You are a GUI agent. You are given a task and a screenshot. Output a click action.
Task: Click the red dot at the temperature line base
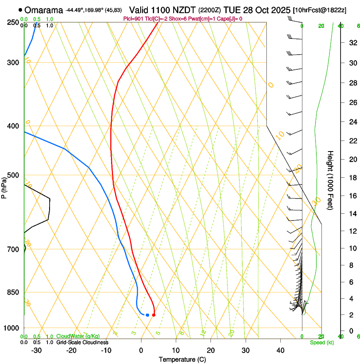(154, 315)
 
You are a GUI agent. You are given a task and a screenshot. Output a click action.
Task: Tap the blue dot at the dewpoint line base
(147, 315)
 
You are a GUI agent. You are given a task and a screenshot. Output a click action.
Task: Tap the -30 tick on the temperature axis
(36, 350)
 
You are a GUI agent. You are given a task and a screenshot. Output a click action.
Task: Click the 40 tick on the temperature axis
(280, 350)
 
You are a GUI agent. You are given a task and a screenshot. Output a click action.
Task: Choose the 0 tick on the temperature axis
(141, 350)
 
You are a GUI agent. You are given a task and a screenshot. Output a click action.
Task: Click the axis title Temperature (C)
(182, 359)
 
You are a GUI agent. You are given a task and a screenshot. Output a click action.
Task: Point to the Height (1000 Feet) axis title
(331, 180)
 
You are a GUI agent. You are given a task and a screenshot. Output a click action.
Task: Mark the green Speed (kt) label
(321, 342)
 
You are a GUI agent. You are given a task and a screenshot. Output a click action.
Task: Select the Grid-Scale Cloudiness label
(82, 342)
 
